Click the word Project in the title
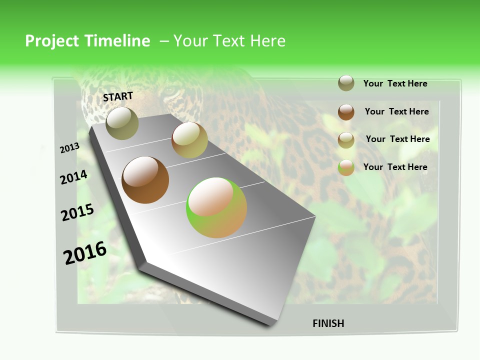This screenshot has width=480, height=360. point(52,41)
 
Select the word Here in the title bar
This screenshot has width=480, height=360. point(267,41)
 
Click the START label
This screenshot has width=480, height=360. point(118,96)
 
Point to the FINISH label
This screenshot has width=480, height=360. point(328,323)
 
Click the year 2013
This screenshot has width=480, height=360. point(69,148)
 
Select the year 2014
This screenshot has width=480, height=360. point(73,177)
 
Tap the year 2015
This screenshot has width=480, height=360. point(77,212)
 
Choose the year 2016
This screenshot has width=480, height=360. point(85,253)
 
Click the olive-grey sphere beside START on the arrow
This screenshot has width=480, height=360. point(122,123)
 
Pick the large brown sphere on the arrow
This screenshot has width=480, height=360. point(145,180)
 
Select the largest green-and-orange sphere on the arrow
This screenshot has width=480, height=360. point(216,207)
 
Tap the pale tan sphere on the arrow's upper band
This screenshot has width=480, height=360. point(189,139)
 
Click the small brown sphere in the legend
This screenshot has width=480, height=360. point(346,112)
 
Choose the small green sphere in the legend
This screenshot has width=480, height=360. point(346,167)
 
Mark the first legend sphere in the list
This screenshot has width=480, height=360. point(346,83)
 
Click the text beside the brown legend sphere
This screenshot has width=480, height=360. point(396,111)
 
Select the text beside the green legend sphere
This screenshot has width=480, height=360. point(395,167)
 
